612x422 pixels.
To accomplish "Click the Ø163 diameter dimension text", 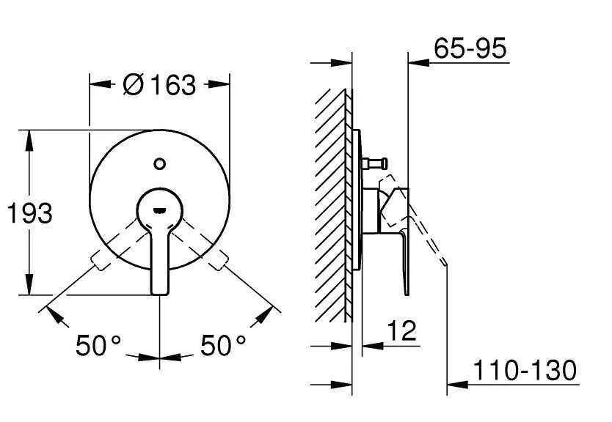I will click(x=160, y=85).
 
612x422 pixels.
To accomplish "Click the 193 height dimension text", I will click(x=30, y=213).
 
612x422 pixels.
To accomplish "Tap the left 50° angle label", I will click(x=98, y=344).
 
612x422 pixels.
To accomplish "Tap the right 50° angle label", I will click(x=223, y=344).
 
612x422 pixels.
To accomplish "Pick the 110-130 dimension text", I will click(x=525, y=370).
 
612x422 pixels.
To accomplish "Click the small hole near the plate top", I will click(x=160, y=162).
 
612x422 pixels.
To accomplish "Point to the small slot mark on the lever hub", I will click(x=160, y=210).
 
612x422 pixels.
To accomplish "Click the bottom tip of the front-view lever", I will click(x=160, y=291).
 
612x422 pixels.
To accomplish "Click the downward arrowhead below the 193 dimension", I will click(x=30, y=287).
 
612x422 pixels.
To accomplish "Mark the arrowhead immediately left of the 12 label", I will click(x=371, y=345).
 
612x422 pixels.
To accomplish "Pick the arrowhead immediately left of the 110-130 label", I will click(x=456, y=382).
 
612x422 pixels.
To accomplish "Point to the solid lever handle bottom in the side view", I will click(x=406, y=290).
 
